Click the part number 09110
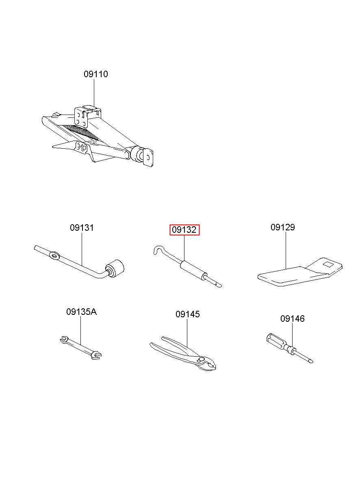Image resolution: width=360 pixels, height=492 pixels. [96, 74]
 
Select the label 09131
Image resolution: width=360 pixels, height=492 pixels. [82, 228]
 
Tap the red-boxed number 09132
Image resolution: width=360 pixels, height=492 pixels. [184, 230]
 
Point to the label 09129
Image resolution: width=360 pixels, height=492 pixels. [283, 227]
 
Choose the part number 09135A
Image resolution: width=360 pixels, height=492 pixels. [82, 312]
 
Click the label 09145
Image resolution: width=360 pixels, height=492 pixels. [188, 314]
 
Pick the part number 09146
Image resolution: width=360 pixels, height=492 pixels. [293, 319]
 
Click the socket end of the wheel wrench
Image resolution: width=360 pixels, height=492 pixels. [115, 268]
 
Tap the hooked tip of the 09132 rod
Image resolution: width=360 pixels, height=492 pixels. [158, 250]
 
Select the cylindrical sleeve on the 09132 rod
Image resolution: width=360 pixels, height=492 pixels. [193, 270]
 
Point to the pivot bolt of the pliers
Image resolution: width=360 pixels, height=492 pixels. [201, 360]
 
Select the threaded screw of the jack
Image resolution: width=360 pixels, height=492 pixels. [82, 132]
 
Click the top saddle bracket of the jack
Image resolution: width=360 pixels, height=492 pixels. [88, 117]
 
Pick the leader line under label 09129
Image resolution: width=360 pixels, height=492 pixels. [286, 250]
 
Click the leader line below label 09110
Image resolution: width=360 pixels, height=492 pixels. [94, 93]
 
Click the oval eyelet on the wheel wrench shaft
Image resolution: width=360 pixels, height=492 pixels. [54, 256]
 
